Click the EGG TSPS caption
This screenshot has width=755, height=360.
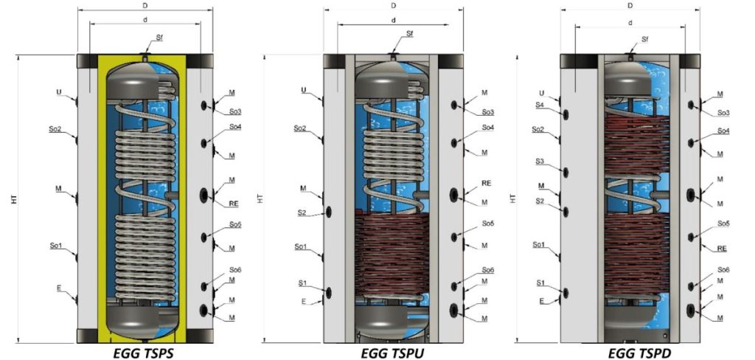pos(144,353)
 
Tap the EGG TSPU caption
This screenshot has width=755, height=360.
pos(392,353)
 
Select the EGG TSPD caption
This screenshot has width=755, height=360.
pos(640,353)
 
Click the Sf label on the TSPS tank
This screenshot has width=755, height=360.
pos(159,38)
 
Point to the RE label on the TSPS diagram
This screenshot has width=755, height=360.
pos(234,204)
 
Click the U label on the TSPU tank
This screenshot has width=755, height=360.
pos(303,90)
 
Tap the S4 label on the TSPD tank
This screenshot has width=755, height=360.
pos(541,105)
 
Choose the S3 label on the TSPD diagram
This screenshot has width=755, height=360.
pos(540,161)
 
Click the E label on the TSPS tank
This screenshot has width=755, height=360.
pos(59,288)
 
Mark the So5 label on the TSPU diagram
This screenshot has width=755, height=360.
pos(488,224)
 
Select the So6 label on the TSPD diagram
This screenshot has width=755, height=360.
pos(724,270)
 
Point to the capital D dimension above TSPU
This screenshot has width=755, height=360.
pos(394,6)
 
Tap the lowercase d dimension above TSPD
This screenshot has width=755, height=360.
pos(630,23)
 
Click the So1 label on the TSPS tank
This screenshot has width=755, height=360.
pos(56,246)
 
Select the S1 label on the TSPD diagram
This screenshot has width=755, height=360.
pos(541,283)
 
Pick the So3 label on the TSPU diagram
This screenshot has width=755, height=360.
pos(488,112)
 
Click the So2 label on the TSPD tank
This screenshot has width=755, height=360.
pos(537,129)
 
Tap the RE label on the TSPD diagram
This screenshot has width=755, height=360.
pos(722,249)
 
